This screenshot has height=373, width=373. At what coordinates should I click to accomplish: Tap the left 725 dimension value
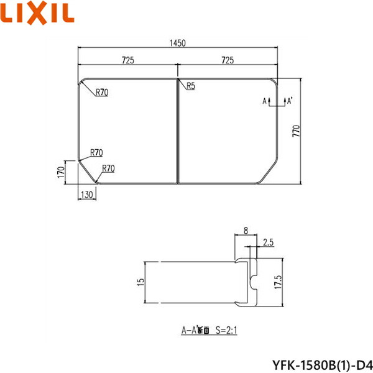click(127, 60)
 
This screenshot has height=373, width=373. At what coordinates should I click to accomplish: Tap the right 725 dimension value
click(228, 60)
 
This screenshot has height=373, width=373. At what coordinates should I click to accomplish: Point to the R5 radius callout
click(190, 86)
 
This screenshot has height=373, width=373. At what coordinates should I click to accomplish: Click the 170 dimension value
click(60, 172)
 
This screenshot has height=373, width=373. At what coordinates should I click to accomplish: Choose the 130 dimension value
click(87, 195)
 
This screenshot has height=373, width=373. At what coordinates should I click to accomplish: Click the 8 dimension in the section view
click(246, 231)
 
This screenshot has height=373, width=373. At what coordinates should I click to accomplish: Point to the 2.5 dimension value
click(269, 242)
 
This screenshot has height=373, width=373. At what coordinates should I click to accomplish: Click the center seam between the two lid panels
click(178, 131)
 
